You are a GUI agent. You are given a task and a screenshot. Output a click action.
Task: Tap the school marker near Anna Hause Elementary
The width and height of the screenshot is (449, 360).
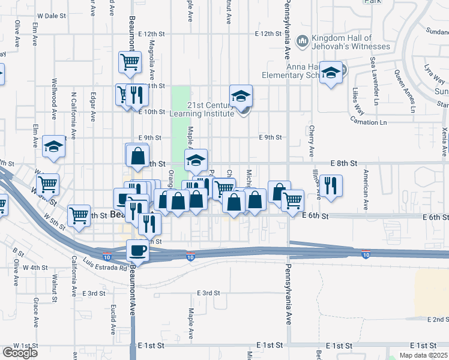pyautogui.click(x=330, y=73)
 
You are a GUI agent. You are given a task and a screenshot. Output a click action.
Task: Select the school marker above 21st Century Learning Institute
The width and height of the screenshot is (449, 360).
pyautogui.click(x=241, y=96)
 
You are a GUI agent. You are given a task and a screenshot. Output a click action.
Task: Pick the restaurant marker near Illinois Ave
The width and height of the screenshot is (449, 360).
pyautogui.click(x=330, y=186)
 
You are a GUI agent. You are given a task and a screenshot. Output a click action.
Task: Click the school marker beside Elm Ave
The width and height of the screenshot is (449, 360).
pyautogui.click(x=54, y=147)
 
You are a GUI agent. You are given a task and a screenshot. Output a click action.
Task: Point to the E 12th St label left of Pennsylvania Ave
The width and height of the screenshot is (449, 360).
pyautogui.click(x=268, y=34)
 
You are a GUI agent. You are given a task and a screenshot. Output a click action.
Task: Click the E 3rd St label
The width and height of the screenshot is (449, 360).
pyautogui.click(x=208, y=293)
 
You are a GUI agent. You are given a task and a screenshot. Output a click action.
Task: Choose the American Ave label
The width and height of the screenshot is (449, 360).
pyautogui.click(x=366, y=189)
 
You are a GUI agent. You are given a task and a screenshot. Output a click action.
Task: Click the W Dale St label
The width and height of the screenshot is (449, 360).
pyautogui.click(x=51, y=16)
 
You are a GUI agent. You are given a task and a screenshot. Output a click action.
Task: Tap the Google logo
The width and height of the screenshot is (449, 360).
pyautogui.click(x=20, y=353)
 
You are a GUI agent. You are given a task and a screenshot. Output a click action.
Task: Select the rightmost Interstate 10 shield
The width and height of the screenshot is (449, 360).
pyautogui.click(x=366, y=255)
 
